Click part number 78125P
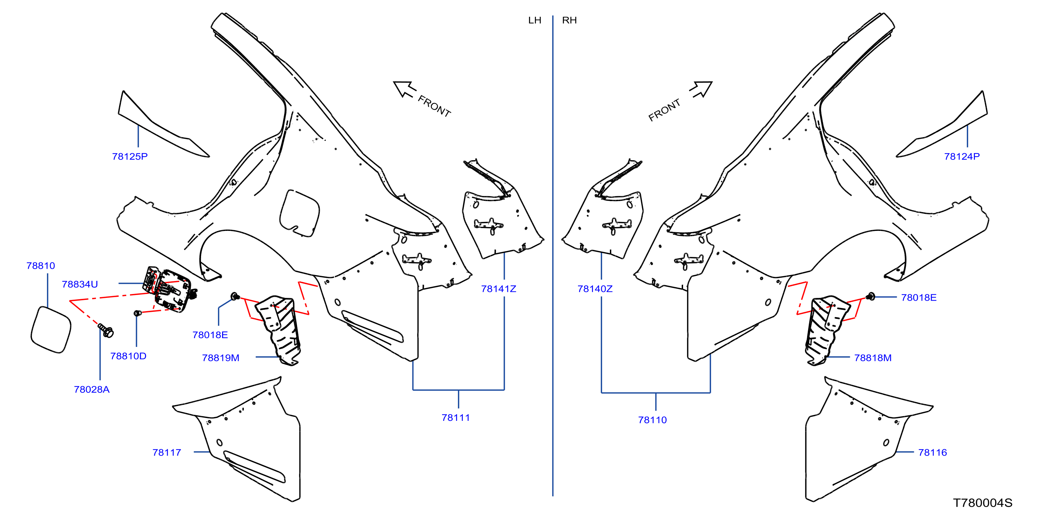[x=130, y=157]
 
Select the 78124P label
[x=962, y=157]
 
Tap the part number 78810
[x=41, y=266]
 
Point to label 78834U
[x=80, y=284]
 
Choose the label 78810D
[x=128, y=356]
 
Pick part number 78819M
[x=220, y=358]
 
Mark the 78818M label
[x=873, y=358]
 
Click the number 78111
[x=455, y=418]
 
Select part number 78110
[x=652, y=420]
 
